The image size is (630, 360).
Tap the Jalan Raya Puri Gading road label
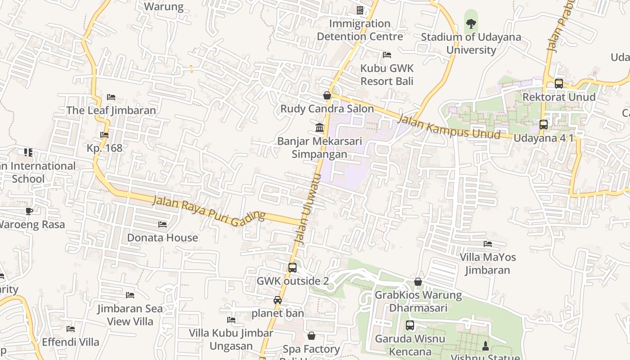[x=208, y=211]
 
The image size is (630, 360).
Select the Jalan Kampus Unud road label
[x=449, y=127]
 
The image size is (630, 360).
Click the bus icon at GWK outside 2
[x=292, y=268]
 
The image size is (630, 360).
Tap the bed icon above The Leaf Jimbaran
[x=111, y=97]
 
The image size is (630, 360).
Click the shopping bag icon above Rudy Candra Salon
[x=327, y=95]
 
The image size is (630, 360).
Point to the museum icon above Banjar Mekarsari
[x=319, y=128]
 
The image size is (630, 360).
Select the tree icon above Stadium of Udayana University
[x=471, y=23]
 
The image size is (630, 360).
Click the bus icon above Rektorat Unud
[x=558, y=84]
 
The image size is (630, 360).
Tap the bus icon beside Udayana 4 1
[x=544, y=125]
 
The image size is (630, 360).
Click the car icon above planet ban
[x=278, y=300]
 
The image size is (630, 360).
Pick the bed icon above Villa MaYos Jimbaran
[x=487, y=244]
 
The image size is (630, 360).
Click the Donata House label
[x=162, y=238]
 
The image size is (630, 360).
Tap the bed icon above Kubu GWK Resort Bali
[x=387, y=55]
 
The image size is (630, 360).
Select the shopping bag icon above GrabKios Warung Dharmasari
[x=418, y=282]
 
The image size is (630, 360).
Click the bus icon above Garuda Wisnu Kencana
[x=409, y=325]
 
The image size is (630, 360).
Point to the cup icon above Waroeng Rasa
[x=29, y=211]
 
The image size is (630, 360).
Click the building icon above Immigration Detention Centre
[x=360, y=10]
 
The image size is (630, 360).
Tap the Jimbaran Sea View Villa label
[x=130, y=315]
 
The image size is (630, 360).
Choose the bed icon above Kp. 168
[x=104, y=135]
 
